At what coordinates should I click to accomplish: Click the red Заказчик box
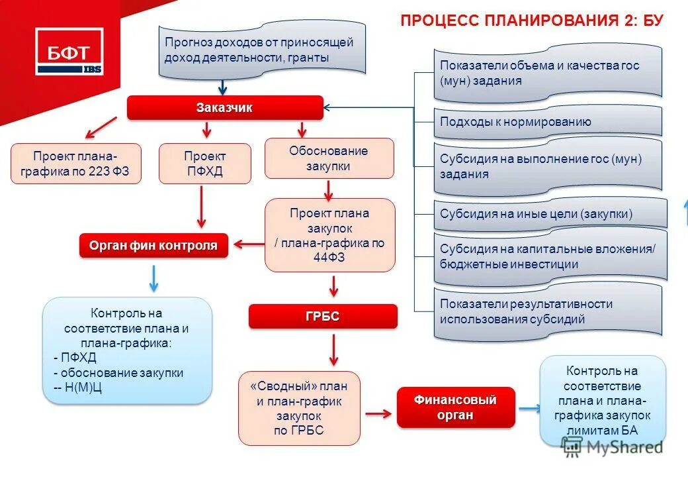225,108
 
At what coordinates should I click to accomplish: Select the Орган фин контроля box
153,246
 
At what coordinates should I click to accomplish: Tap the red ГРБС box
323,317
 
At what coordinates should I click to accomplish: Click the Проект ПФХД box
205,164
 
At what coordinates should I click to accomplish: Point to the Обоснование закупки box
329,158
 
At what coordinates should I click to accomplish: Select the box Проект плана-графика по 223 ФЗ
76,164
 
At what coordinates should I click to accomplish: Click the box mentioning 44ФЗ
329,235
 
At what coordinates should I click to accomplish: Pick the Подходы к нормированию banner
548,121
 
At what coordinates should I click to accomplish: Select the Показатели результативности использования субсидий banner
548,311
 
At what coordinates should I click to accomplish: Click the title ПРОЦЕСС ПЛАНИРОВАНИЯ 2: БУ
532,21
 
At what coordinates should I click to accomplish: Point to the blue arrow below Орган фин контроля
153,278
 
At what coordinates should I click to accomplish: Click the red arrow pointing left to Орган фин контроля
248,244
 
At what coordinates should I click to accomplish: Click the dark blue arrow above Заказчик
223,87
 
